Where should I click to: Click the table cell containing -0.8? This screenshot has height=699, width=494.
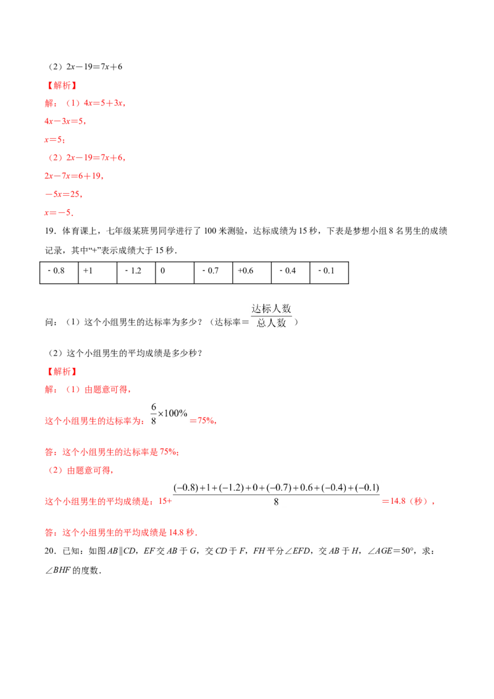click(x=59, y=273)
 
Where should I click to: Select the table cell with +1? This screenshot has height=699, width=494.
click(x=98, y=273)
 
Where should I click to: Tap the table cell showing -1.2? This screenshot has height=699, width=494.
click(x=136, y=273)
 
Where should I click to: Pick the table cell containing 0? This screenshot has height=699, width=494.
click(x=175, y=273)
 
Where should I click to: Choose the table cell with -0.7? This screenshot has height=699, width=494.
click(x=214, y=273)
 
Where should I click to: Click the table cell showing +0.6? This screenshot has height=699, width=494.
click(x=252, y=273)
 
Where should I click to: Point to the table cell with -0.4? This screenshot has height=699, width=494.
click(x=291, y=273)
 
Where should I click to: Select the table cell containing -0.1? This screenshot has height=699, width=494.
click(x=329, y=273)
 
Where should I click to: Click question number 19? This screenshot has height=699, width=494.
click(x=51, y=231)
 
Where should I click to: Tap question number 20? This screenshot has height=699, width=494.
click(x=51, y=551)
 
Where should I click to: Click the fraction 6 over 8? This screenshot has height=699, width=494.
click(x=154, y=414)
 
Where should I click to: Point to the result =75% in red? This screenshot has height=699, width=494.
click(x=203, y=421)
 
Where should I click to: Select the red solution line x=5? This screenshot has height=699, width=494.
click(x=55, y=140)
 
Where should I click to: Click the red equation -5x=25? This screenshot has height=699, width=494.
click(x=64, y=195)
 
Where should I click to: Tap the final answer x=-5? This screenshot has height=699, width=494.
click(x=59, y=212)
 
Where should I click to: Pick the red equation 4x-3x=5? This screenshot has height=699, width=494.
click(x=65, y=121)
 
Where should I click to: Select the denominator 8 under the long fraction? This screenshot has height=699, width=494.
click(x=276, y=502)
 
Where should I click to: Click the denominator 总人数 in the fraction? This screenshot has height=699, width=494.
click(x=272, y=323)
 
